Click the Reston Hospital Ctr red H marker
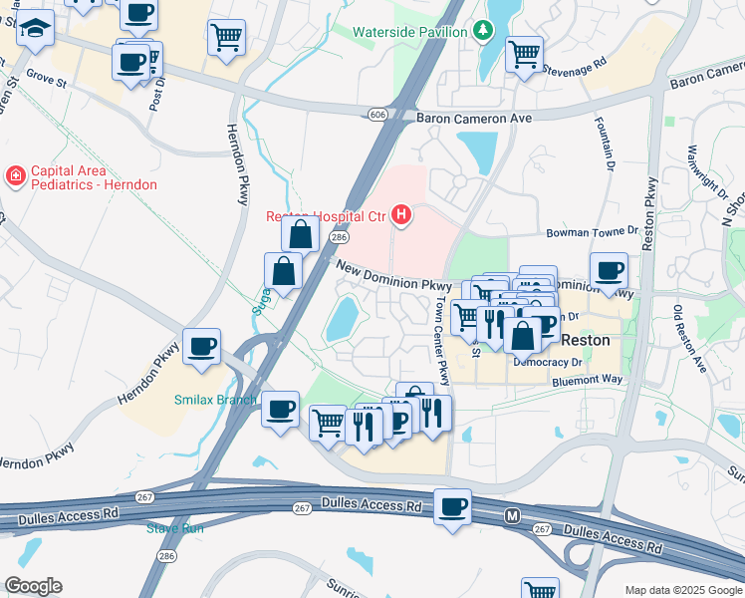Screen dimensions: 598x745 click(400, 214)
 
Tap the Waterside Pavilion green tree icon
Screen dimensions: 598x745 click(484, 31)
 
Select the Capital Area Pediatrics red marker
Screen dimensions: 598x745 click(15, 177)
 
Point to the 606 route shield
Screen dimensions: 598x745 click(376, 115)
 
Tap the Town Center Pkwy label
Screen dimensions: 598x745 click(440, 340)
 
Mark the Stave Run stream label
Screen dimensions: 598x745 click(175, 527)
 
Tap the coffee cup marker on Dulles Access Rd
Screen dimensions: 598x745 click(453, 506)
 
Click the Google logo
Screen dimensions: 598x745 click(33, 586)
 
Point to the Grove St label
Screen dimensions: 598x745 click(46, 74)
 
